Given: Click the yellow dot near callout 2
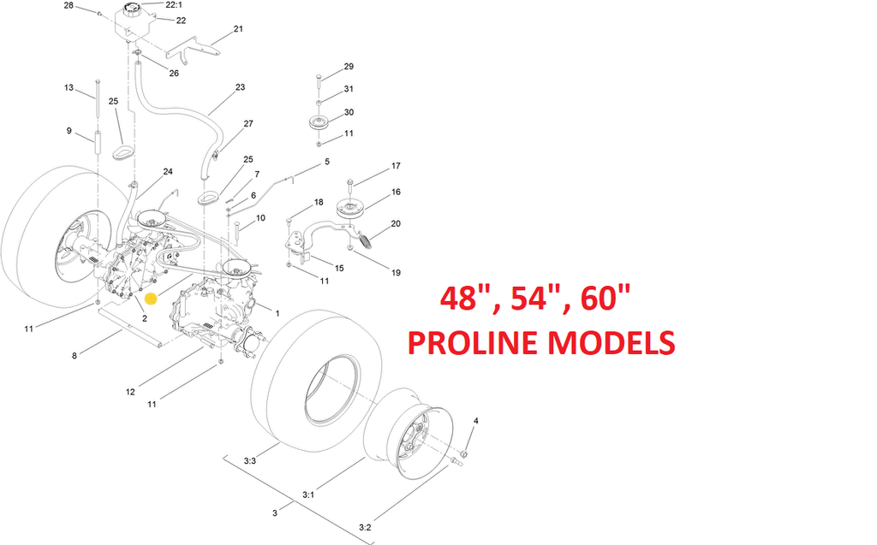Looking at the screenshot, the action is [x=151, y=299].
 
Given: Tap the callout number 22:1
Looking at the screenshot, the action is [x=174, y=4].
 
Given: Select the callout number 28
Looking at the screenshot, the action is [x=69, y=5].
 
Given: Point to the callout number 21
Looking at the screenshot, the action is [x=238, y=28].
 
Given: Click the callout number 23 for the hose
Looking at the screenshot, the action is [x=241, y=87].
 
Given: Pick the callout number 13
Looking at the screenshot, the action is [x=69, y=88].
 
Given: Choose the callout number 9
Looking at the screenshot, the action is [x=69, y=131].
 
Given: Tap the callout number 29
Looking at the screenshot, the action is [x=349, y=67].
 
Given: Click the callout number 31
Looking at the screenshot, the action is [x=349, y=89].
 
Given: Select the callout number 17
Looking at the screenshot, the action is [x=396, y=166].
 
